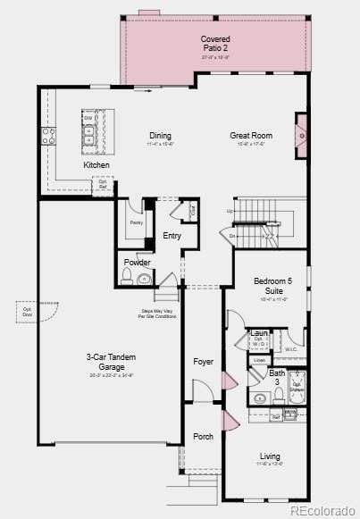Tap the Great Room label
pos(251,136)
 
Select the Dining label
pos(160,136)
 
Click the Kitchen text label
pos(96,165)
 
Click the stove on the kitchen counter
pos(47,136)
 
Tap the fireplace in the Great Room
pos(302,136)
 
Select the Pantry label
pos(136,222)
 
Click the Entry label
pos(172,236)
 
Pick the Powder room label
pos(137,263)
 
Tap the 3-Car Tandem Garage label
pos(111,361)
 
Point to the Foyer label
pos(204,362)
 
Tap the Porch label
pos(204,437)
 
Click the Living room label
pos(270,456)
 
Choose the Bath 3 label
pos(278,377)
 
